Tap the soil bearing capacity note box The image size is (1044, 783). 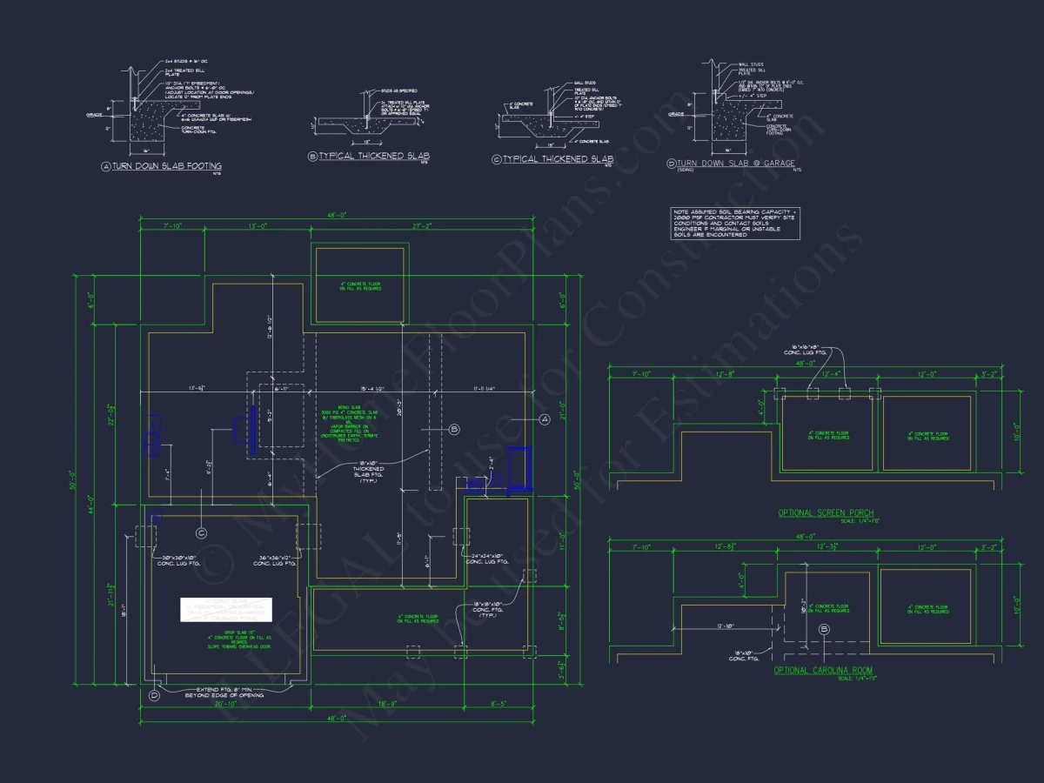tap(734, 223)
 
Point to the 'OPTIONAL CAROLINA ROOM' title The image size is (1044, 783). tap(823, 671)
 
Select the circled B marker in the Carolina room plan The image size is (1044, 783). tap(825, 628)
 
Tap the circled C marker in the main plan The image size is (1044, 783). tap(201, 532)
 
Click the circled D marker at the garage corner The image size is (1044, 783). tap(154, 694)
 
